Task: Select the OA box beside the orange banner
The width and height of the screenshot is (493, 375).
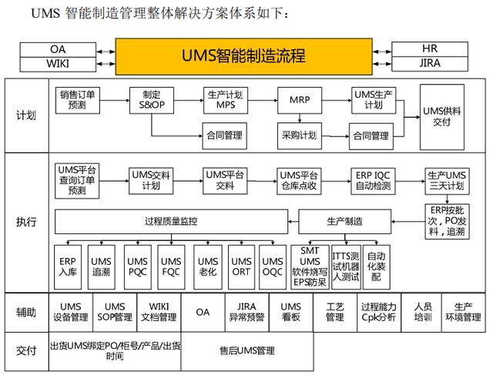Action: pos(57,49)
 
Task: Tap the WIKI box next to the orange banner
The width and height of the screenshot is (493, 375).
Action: pos(57,63)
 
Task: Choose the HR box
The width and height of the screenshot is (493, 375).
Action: pos(430,49)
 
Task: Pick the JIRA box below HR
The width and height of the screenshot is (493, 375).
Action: pos(430,63)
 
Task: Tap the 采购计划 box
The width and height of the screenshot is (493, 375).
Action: pos(297,136)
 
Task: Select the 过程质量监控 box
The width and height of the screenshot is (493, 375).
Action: pos(170,222)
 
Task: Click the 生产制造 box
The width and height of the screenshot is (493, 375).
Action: pos(341,222)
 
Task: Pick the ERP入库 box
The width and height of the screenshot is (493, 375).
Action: pos(67,266)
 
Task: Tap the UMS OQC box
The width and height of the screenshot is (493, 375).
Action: pos(271,266)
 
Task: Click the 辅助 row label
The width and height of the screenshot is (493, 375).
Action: pos(25,313)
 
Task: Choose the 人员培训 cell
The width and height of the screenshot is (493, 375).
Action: pos(422,312)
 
